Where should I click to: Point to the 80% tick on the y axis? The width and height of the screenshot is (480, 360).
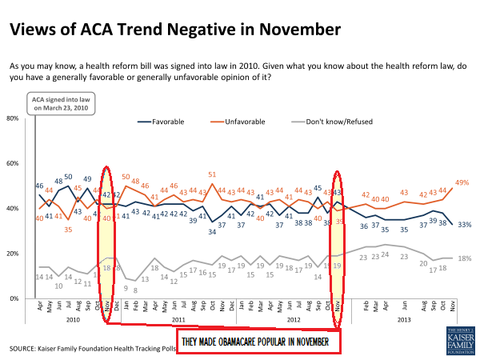(x=13, y=118)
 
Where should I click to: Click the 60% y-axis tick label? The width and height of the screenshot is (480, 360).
(x=13, y=163)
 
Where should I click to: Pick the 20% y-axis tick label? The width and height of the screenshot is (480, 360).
(x=13, y=254)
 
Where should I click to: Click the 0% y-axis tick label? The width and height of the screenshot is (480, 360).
(x=15, y=298)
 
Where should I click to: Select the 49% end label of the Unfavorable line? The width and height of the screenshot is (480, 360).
(x=462, y=183)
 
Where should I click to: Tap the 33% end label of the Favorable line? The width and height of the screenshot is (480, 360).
(x=462, y=224)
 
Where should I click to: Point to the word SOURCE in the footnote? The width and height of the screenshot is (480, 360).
(x=25, y=349)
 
